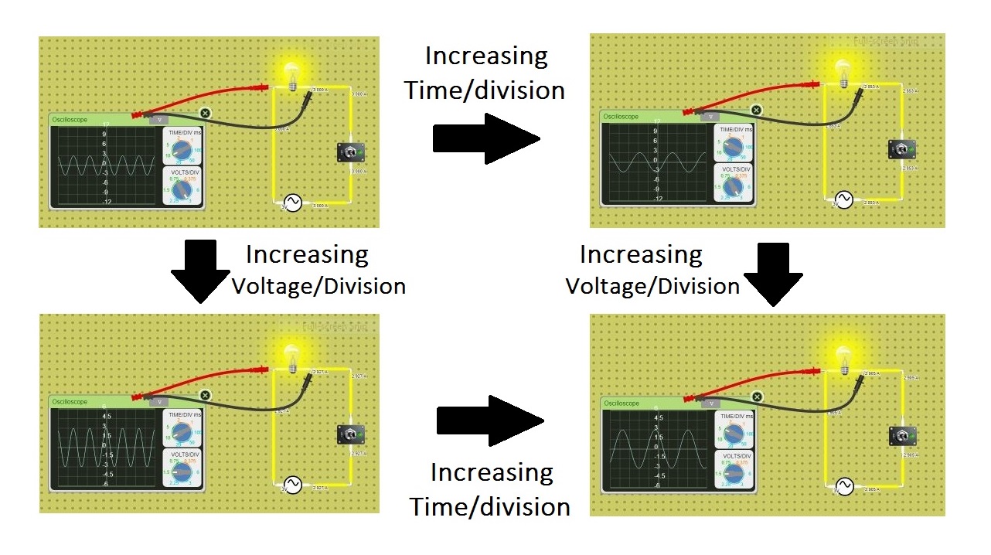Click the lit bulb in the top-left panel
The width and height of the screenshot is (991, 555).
[291, 73]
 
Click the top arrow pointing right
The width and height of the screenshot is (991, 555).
[485, 138]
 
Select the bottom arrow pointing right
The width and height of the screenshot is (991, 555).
[490, 421]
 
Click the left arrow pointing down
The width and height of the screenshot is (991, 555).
[200, 271]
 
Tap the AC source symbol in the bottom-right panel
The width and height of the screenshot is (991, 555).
[844, 486]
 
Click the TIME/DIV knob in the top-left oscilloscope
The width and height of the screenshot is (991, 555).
[182, 148]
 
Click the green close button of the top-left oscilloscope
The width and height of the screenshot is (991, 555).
[205, 113]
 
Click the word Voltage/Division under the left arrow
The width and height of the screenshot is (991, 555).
[318, 287]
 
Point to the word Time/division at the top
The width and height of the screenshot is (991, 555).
[485, 90]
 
